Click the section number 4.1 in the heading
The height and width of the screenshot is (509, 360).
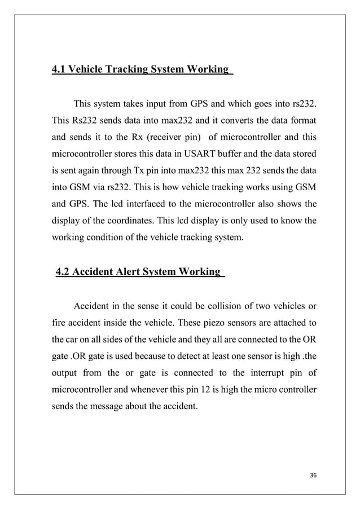[x=59, y=70]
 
